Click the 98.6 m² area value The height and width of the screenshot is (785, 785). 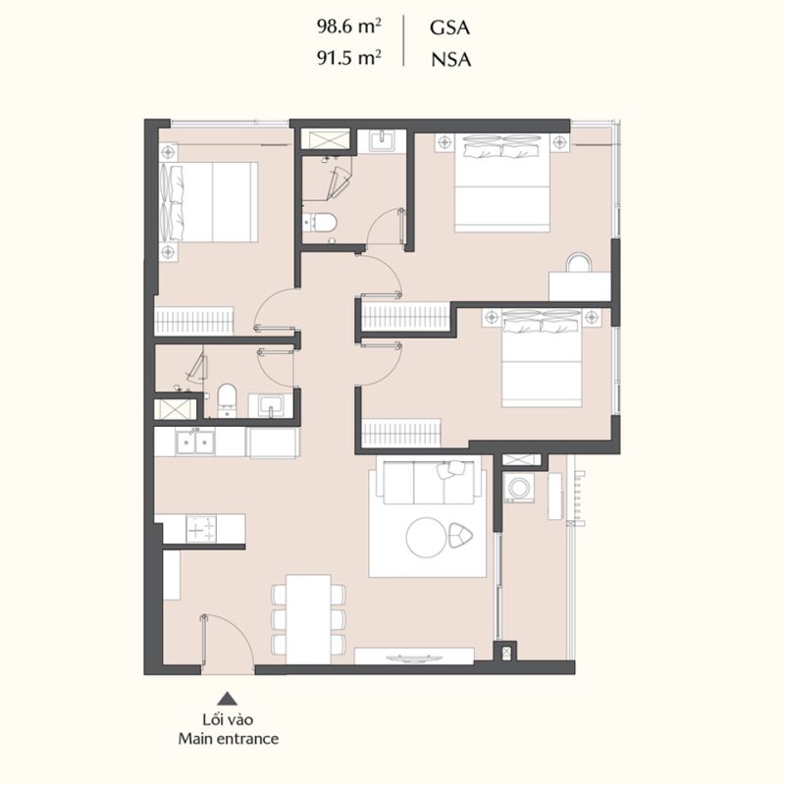[349, 26]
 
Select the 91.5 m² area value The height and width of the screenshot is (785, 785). [349, 58]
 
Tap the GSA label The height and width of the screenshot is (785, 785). [449, 27]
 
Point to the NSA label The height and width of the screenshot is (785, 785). [451, 60]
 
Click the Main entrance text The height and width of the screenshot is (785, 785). [229, 739]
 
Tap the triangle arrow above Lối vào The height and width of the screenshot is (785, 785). [228, 699]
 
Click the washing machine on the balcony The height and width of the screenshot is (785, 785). [519, 487]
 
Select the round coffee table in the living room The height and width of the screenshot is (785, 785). [426, 537]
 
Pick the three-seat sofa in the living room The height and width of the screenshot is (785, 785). [429, 483]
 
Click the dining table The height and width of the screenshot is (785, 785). [308, 620]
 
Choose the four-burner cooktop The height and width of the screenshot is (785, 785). [201, 529]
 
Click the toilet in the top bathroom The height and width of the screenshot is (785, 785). [320, 223]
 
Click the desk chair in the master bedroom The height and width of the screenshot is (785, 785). [579, 262]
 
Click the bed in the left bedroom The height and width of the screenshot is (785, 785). [208, 202]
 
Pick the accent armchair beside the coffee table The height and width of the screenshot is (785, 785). [460, 535]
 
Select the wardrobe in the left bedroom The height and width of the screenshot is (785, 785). [193, 322]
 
